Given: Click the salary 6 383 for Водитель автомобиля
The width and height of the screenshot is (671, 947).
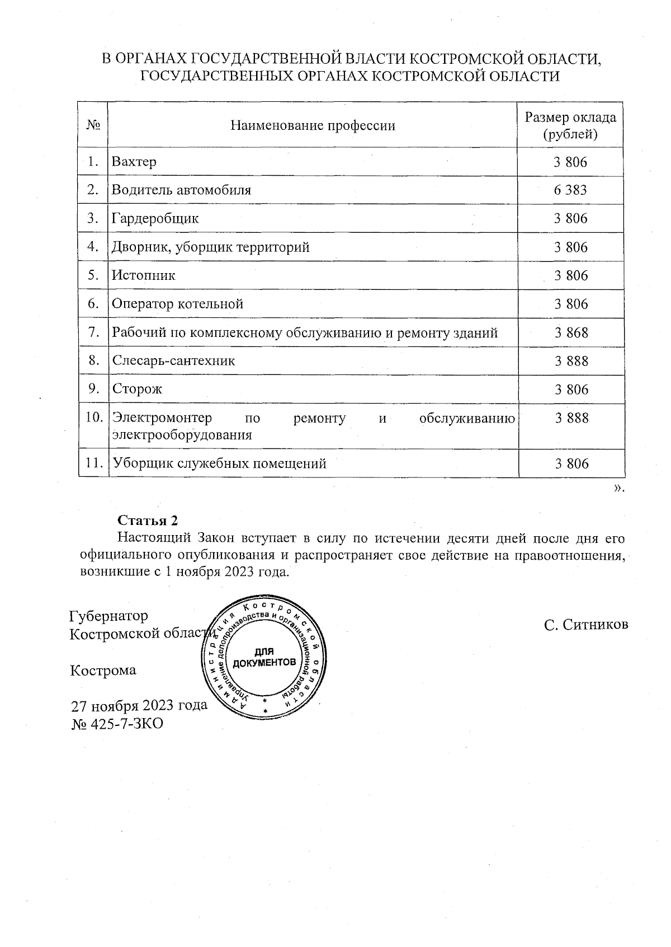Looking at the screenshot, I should [x=570, y=190].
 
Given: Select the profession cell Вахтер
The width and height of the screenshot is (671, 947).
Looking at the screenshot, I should [x=134, y=162].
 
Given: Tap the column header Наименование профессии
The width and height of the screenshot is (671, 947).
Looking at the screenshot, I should [x=313, y=125].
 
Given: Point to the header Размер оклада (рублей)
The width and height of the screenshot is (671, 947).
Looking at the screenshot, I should [x=570, y=125].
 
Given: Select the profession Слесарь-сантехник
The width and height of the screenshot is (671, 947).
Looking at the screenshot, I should [x=173, y=361].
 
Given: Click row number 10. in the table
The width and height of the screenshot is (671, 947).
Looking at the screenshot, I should [x=93, y=418].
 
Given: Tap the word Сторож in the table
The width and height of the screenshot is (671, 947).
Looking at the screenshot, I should [x=137, y=390].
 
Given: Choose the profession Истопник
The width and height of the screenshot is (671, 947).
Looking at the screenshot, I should [x=144, y=276].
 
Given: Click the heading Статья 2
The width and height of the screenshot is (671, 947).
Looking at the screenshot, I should [x=148, y=521].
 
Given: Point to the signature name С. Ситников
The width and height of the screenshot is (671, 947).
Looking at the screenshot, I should [x=586, y=625].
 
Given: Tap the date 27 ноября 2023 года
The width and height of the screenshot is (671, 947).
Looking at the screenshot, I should [x=139, y=705].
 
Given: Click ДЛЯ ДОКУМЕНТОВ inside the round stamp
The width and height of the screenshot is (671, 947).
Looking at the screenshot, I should [x=264, y=658].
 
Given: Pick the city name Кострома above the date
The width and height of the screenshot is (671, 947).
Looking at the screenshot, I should [x=103, y=671].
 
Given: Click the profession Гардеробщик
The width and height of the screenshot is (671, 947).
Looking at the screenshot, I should [x=155, y=219].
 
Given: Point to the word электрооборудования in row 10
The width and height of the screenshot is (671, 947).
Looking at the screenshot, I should [x=182, y=435].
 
